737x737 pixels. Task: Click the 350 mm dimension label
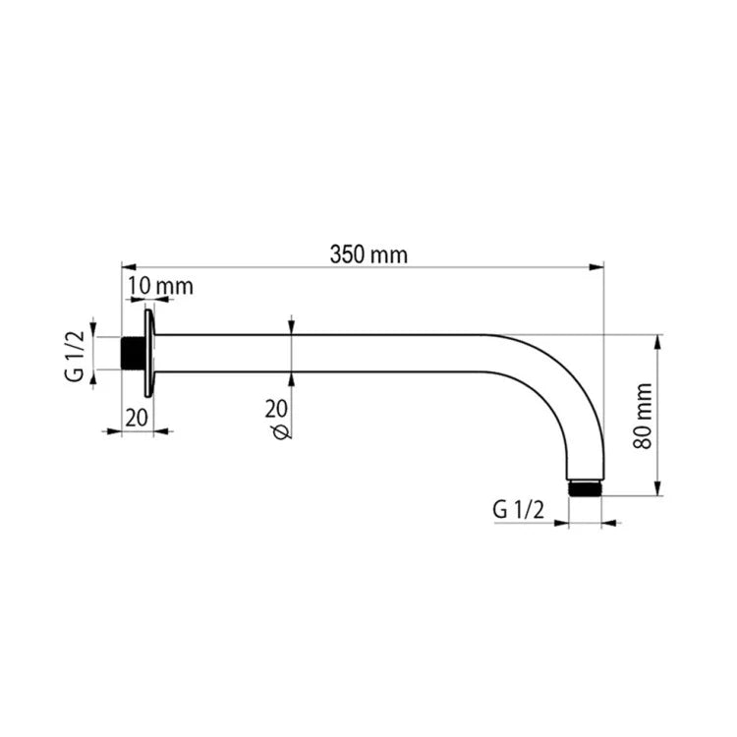click(368, 255)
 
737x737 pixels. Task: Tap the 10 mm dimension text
click(161, 286)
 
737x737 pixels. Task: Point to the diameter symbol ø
click(280, 432)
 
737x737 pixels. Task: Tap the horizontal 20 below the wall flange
click(137, 417)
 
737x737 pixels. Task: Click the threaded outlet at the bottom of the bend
click(586, 486)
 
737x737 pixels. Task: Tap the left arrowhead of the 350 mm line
click(126, 266)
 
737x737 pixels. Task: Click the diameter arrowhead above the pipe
click(292, 328)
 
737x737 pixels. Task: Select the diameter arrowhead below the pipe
click(292, 378)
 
